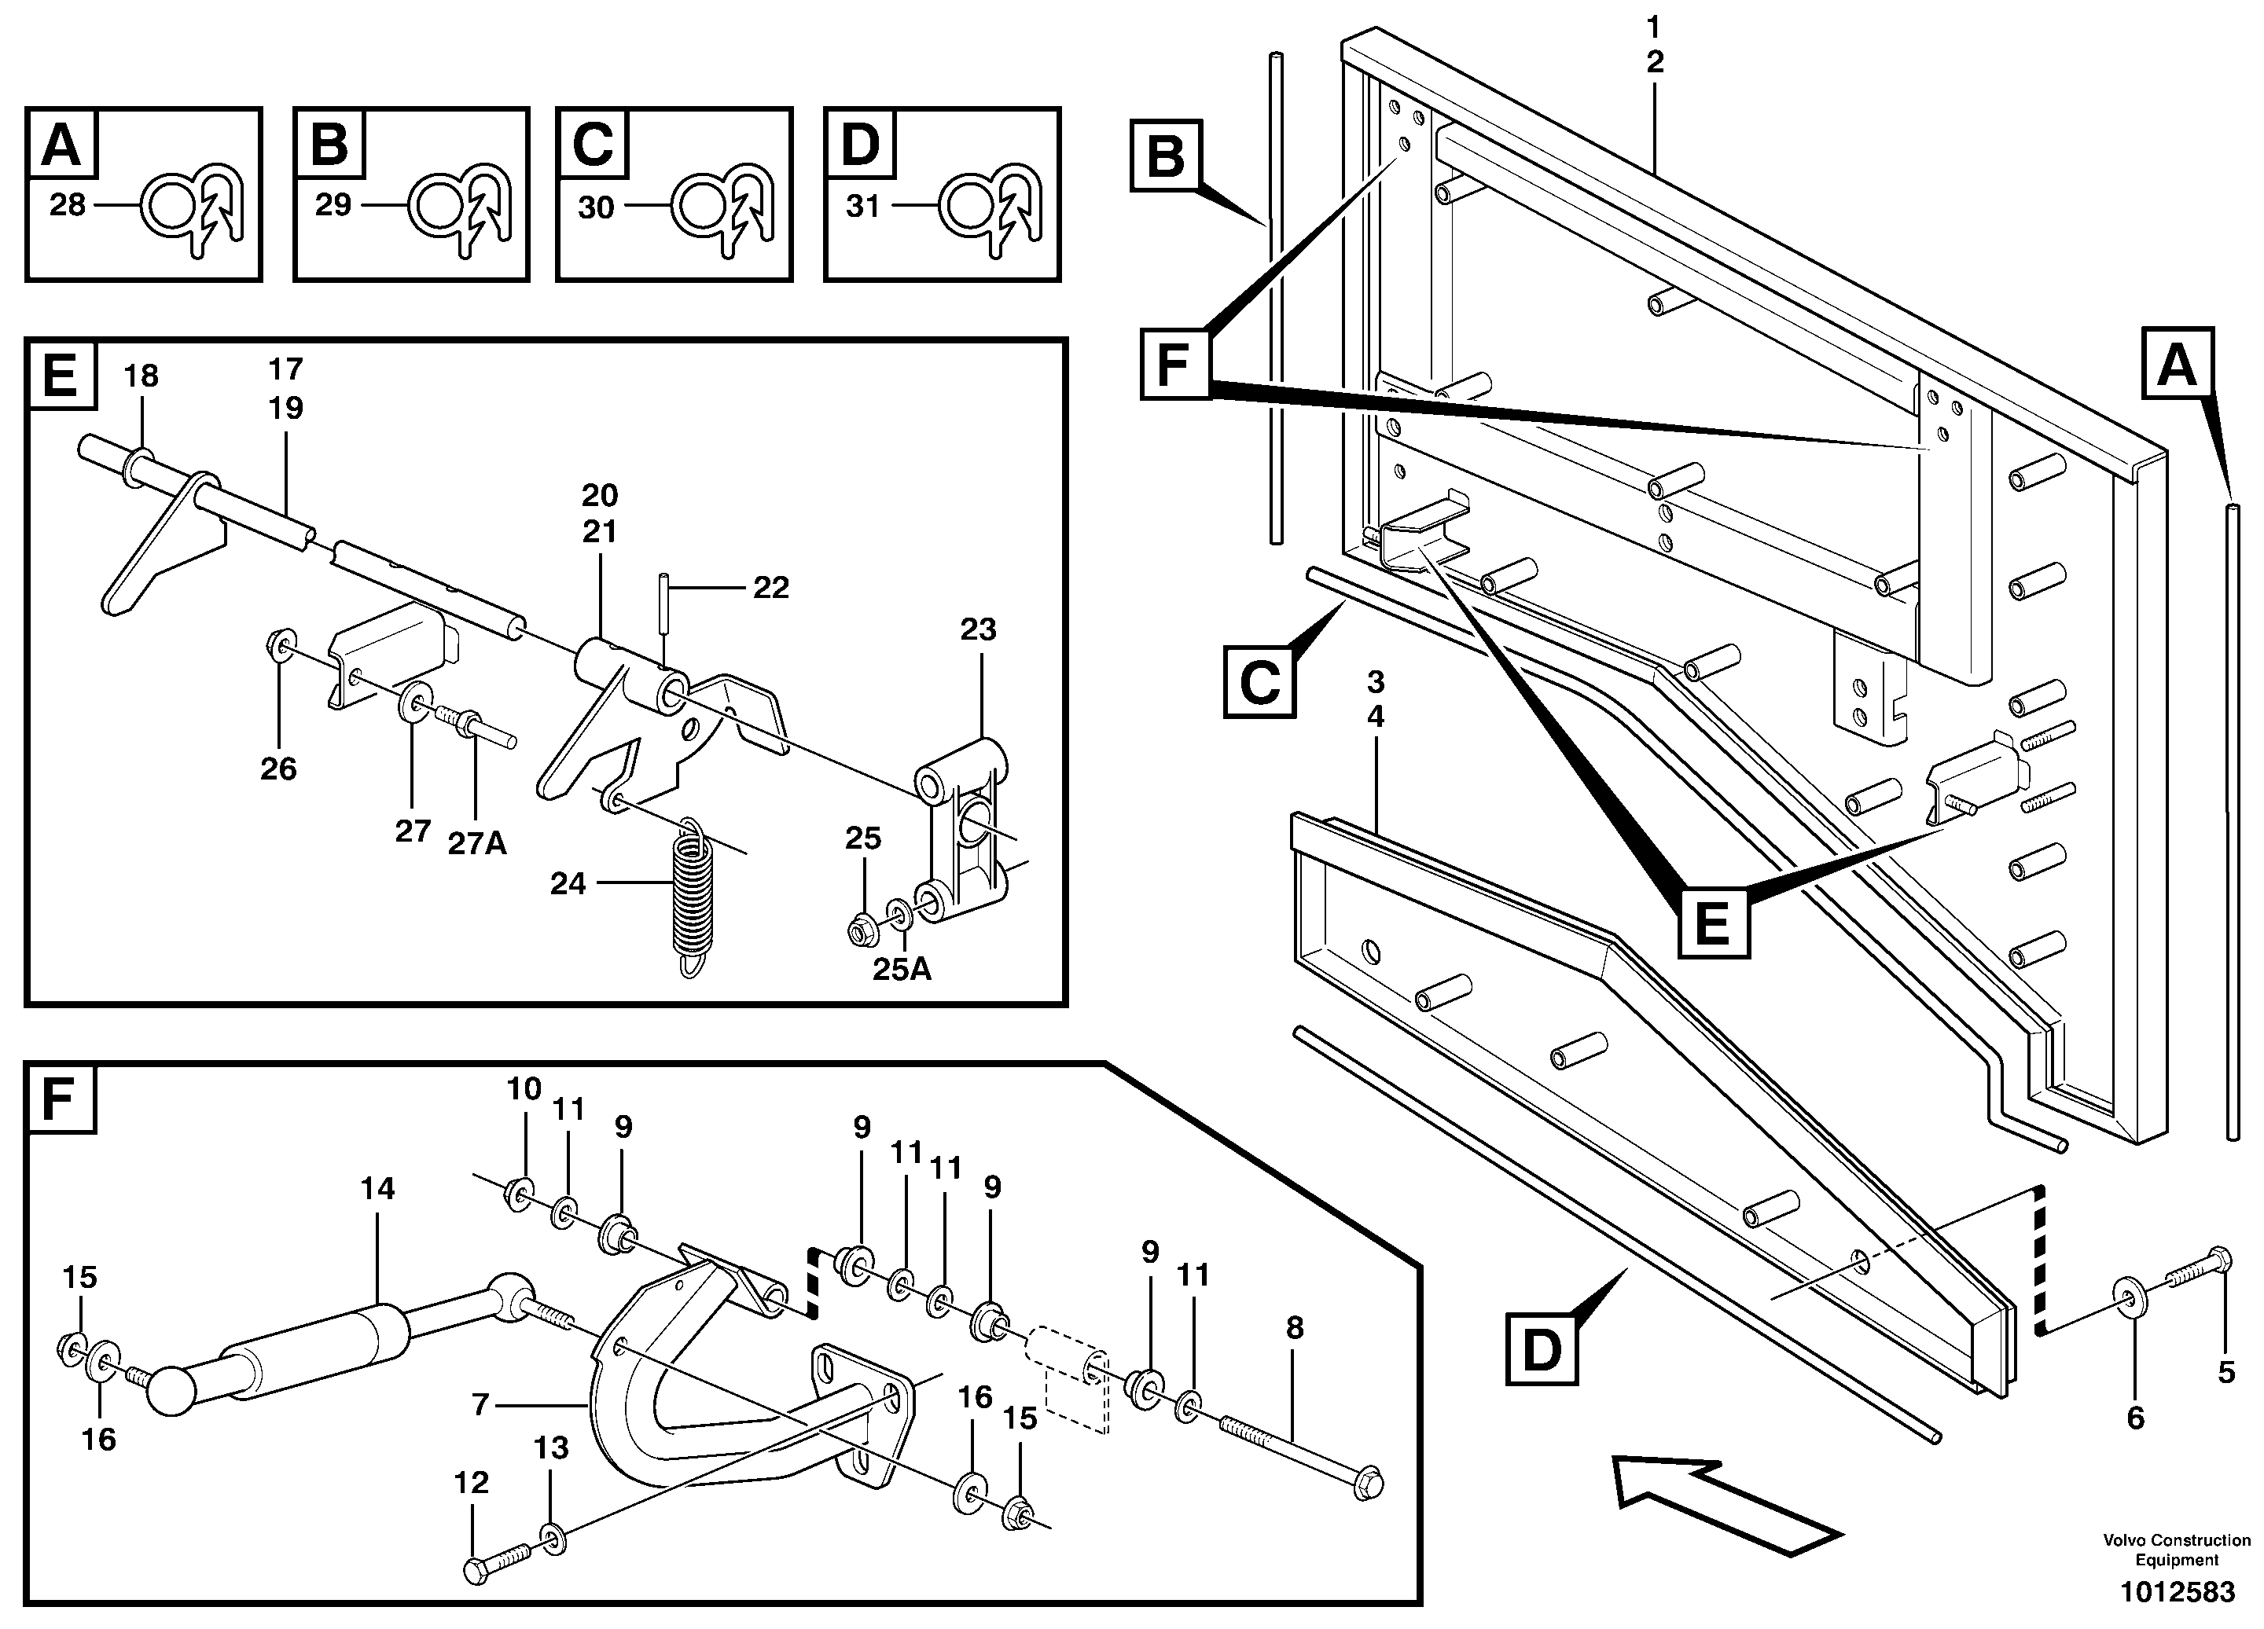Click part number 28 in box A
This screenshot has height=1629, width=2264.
click(67, 206)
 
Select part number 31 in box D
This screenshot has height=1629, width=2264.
click(862, 207)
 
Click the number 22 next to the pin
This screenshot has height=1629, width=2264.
click(770, 588)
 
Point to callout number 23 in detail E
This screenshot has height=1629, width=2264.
click(978, 630)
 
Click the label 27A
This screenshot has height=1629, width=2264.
click(476, 845)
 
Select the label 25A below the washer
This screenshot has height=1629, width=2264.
click(902, 969)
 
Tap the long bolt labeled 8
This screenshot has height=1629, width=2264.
click(1298, 1447)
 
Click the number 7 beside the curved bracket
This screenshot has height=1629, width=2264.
click(480, 1405)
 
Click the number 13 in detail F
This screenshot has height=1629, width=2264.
click(551, 1447)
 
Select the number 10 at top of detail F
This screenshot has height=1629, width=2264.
click(524, 1089)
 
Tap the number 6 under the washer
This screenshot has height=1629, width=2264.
click(2135, 1418)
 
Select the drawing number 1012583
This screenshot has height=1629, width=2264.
click(2178, 1592)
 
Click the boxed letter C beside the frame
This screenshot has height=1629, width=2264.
click(1259, 683)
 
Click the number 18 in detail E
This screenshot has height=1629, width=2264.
click(141, 376)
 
